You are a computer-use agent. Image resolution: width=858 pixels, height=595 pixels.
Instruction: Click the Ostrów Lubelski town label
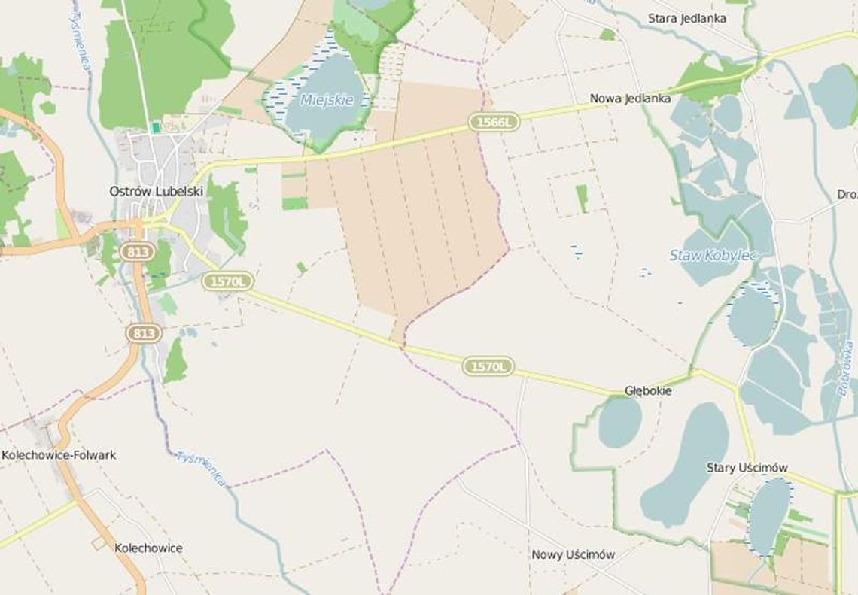(157, 191)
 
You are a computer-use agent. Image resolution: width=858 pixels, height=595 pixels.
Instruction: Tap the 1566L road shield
(494, 121)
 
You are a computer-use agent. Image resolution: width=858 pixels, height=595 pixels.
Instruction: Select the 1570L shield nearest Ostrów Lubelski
(227, 281)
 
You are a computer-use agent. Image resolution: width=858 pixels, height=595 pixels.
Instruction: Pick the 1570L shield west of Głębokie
(488, 366)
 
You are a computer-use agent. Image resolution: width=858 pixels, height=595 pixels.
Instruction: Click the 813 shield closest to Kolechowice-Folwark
(144, 332)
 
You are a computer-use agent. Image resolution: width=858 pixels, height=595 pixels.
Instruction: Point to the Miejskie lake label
(326, 99)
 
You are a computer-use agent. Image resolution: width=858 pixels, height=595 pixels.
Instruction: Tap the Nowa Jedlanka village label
(630, 98)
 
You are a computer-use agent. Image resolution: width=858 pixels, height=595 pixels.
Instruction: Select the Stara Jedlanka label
(687, 18)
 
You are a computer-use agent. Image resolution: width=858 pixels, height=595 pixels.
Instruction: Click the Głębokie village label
(648, 391)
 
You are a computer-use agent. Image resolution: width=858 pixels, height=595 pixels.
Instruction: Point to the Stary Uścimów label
(747, 468)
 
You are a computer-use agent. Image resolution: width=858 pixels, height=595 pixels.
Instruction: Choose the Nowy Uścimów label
(574, 554)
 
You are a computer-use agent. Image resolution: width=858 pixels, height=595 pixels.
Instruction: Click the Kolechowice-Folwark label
(59, 455)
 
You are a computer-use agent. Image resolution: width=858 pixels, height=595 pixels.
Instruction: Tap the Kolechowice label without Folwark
(148, 548)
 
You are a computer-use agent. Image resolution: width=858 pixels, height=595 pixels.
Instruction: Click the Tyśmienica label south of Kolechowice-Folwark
(201, 468)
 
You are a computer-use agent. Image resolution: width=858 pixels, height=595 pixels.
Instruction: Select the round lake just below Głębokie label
(620, 423)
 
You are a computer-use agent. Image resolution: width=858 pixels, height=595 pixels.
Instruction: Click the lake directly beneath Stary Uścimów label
(768, 516)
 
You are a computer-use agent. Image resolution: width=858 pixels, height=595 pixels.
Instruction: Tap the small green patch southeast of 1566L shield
(582, 198)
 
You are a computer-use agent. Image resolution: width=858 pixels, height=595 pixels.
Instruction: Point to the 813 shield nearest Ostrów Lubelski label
(138, 251)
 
